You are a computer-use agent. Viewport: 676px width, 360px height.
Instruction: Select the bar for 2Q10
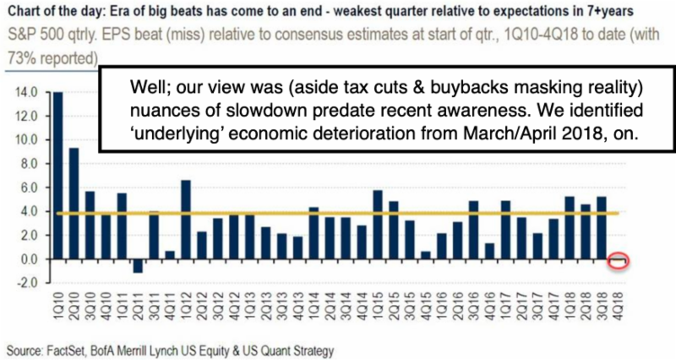[x=74, y=204]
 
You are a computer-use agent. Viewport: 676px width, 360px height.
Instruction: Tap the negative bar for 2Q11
[x=138, y=266]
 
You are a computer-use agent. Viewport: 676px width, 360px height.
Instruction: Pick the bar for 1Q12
[x=186, y=220]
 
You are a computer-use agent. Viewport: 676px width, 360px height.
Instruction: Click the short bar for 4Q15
[x=426, y=255]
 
